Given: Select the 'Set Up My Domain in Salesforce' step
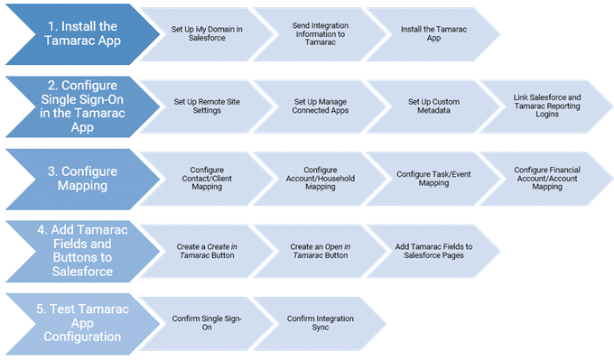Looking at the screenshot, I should point(207,34).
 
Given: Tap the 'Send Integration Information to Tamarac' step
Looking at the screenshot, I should point(320,34).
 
